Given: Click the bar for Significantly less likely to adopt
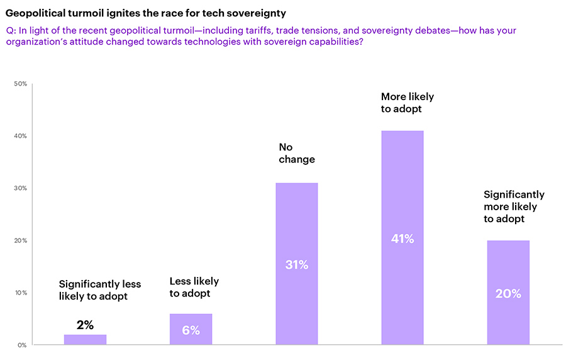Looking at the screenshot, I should [x=86, y=340].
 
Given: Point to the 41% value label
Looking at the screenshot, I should [x=402, y=239].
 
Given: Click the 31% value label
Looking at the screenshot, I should [x=296, y=265].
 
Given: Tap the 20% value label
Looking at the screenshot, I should [x=508, y=293].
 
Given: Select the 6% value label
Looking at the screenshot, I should [x=191, y=330].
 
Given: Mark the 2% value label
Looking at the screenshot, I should [x=85, y=325].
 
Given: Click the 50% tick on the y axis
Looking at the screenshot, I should [x=20, y=84].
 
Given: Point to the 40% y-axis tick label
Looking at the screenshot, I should [x=20, y=136].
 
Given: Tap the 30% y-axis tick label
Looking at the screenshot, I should [x=20, y=188].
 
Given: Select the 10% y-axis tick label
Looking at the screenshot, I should [x=20, y=293].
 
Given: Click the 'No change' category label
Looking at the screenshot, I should [x=296, y=153].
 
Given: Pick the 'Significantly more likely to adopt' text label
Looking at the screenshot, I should [x=514, y=206].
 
